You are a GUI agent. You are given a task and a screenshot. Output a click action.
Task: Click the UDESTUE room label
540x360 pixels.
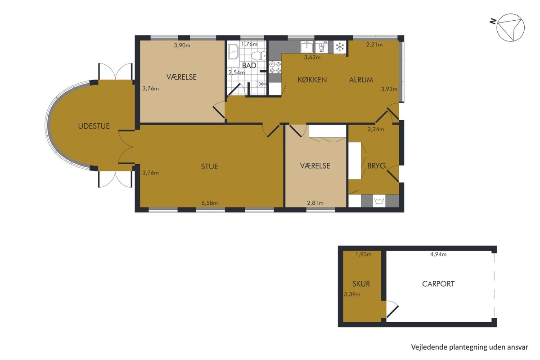click(94, 126)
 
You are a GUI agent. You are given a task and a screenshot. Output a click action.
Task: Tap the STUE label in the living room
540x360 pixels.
click(210, 166)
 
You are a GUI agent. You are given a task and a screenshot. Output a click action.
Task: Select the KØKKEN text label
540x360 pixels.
click(312, 80)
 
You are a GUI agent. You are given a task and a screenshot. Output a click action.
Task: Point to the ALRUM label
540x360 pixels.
click(361, 80)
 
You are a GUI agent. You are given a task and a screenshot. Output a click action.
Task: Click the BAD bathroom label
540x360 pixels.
click(249, 65)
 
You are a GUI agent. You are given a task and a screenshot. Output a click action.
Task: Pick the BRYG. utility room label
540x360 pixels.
click(377, 166)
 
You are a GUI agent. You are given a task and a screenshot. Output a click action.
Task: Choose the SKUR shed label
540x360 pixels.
click(361, 284)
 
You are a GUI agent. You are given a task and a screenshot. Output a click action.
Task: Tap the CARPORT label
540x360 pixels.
click(438, 284)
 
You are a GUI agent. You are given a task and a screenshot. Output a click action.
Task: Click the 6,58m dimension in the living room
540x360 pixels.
click(210, 203)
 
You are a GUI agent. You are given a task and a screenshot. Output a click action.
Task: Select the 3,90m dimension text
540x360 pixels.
click(182, 45)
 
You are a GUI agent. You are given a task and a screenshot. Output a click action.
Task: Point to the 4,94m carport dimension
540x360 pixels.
click(438, 254)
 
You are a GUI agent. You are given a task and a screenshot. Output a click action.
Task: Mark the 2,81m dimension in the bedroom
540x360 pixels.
click(315, 203)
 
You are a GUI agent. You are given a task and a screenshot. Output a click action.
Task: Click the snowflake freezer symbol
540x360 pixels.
click(340, 47)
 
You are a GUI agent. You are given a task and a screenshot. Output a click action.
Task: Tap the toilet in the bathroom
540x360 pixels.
click(259, 56)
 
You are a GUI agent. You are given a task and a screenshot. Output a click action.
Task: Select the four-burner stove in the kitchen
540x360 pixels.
click(275, 67)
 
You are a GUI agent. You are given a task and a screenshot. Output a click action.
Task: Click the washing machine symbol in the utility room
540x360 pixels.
click(379, 201)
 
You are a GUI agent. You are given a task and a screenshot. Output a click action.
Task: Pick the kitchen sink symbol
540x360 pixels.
click(306, 47)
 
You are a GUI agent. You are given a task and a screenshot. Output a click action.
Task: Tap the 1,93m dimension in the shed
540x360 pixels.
click(364, 254)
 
